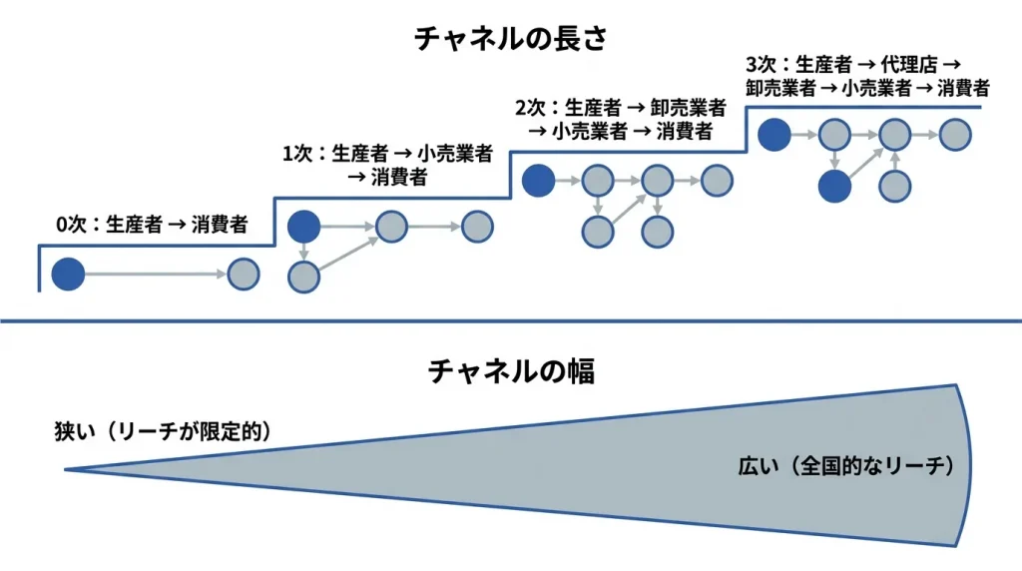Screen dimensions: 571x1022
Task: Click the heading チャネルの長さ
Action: [510, 39]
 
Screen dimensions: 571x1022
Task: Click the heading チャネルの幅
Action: [511, 371]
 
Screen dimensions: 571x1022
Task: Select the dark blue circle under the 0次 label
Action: [68, 274]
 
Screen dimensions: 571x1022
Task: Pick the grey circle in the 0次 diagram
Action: [243, 274]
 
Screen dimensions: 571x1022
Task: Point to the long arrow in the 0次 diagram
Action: [155, 274]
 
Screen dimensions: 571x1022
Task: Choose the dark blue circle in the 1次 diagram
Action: [304, 227]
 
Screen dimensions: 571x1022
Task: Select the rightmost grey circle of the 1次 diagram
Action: [478, 227]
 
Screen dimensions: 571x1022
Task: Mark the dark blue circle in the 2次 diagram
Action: [538, 181]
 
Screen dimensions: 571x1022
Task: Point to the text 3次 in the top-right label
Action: [760, 64]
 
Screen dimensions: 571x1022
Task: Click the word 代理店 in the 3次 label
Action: [912, 64]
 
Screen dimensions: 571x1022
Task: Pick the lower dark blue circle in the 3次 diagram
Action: [834, 185]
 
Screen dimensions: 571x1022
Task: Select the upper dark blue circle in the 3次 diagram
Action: [773, 134]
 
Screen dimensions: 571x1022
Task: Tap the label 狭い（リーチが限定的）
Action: [164, 431]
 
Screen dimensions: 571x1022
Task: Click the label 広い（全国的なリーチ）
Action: [847, 465]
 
